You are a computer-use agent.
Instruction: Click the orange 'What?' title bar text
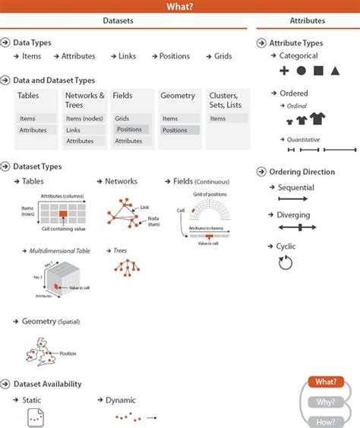[179, 7]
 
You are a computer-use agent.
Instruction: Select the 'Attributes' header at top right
[307, 21]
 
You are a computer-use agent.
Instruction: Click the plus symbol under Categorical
[284, 71]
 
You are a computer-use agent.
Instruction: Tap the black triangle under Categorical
[335, 71]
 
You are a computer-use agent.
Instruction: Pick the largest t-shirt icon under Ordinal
[317, 118]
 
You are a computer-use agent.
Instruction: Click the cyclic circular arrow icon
[286, 262]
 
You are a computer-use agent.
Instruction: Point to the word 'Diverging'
[293, 215]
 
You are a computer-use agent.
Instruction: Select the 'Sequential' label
[295, 187]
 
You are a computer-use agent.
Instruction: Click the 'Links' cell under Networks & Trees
[74, 130]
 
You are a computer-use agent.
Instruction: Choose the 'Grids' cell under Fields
[122, 119]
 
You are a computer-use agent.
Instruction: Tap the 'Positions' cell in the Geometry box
[175, 130]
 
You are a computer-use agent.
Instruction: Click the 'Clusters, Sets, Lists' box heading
[225, 100]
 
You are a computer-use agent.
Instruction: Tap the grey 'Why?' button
[326, 401]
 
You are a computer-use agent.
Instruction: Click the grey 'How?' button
[326, 420]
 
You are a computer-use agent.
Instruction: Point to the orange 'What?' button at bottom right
[326, 382]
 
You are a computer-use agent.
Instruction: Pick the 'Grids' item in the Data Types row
[223, 56]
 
